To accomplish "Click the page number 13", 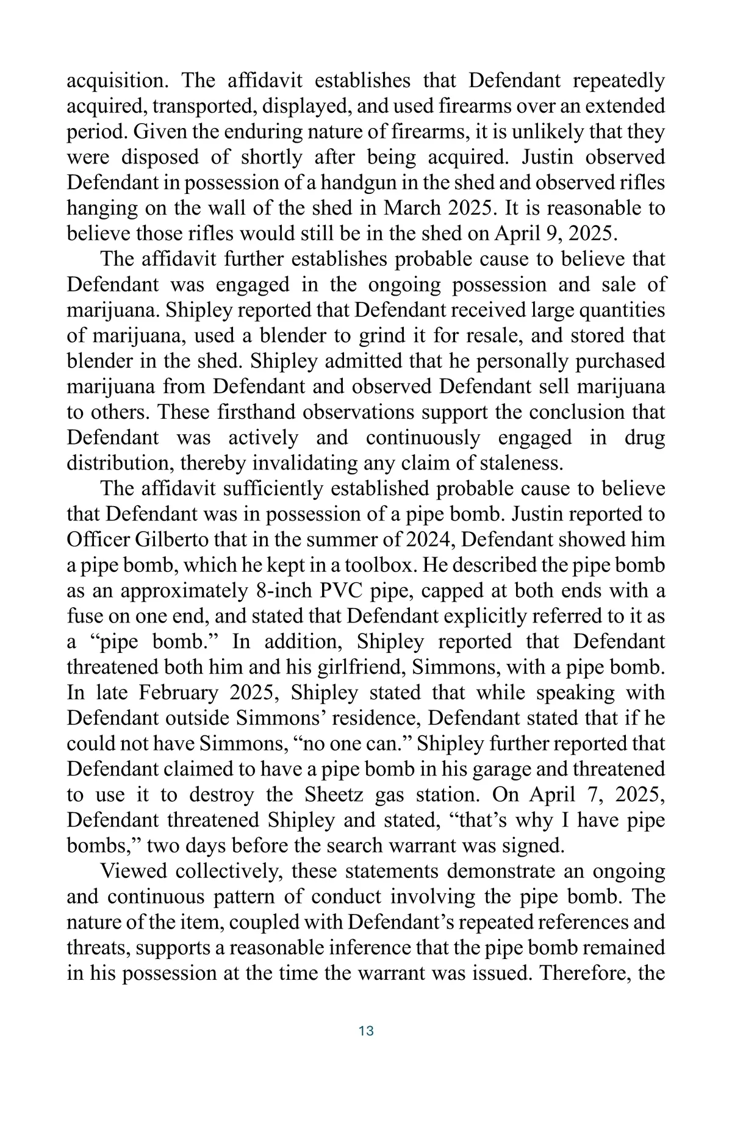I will coord(366,1031).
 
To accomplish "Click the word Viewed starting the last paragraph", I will coord(132,871).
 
